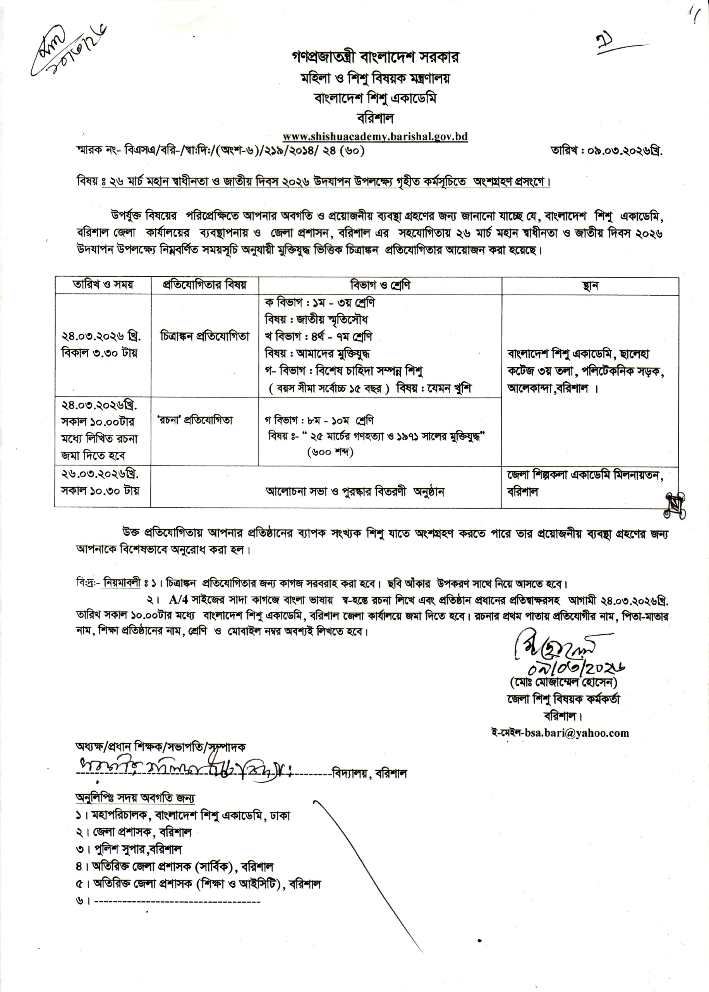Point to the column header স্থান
click(590, 286)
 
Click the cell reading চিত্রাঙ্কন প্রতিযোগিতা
click(204, 336)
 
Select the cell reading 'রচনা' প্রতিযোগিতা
click(195, 420)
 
